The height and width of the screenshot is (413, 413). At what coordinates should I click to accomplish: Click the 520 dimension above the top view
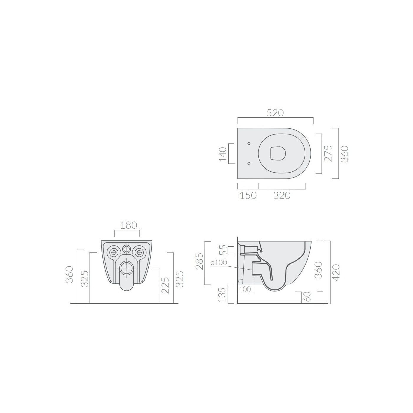[x=275, y=113]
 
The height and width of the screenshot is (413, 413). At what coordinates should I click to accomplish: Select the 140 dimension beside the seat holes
[x=223, y=154]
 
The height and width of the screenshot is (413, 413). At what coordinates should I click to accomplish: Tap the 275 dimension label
[x=328, y=153]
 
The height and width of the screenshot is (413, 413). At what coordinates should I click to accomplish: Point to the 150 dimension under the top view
[x=248, y=195]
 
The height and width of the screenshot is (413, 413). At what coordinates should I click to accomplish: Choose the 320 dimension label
[x=282, y=195]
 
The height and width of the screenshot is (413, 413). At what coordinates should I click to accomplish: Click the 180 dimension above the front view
[x=128, y=225]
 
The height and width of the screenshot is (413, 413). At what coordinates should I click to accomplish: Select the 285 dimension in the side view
[x=199, y=261]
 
